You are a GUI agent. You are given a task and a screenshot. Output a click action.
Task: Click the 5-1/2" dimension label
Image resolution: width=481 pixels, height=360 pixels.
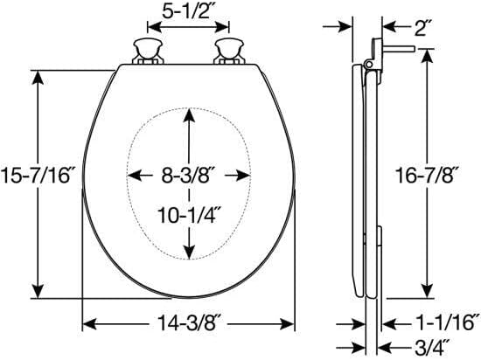pos(188,11)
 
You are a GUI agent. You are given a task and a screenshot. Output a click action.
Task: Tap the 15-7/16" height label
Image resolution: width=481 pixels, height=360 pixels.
pos(37,176)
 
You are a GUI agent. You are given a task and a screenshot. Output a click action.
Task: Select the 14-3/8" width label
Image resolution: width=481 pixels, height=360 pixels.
pos(189,323)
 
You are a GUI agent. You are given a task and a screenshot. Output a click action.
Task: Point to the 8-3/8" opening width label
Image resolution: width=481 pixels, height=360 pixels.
pos(189,176)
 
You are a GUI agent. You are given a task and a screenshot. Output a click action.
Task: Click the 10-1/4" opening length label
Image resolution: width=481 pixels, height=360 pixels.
pos(189,215)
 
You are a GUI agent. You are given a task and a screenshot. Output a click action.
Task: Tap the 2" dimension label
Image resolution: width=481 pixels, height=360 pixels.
pos(421,28)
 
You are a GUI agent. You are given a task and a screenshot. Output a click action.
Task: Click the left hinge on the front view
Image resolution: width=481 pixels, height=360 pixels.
pos(148,52)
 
